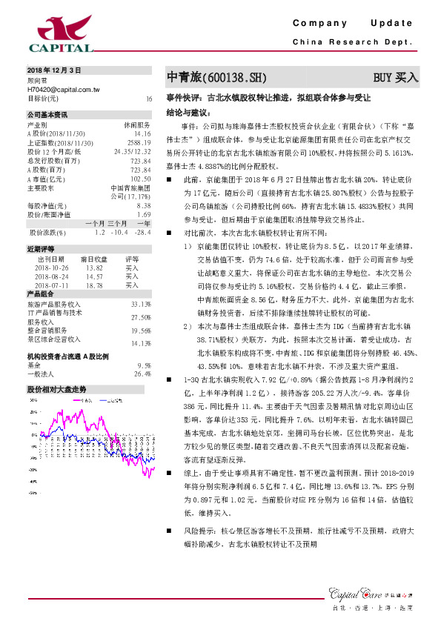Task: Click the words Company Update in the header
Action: click(x=356, y=24)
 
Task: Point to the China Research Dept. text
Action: click(x=353, y=42)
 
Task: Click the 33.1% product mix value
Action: click(x=141, y=305)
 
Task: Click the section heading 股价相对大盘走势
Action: click(x=56, y=389)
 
